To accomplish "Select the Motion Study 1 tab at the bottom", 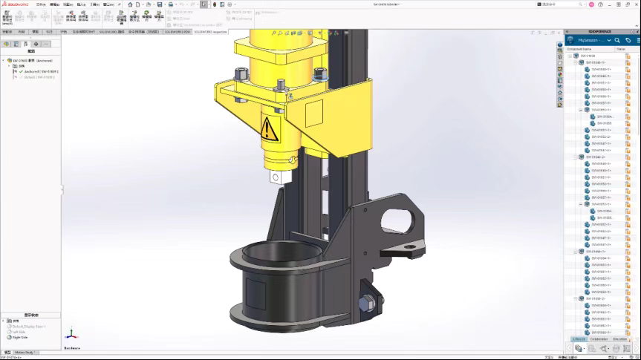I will click(24, 352).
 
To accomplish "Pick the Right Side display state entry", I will click(19, 336).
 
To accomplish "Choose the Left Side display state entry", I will click(19, 331).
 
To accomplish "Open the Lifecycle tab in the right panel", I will click(579, 338).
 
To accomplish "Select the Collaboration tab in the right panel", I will click(599, 338).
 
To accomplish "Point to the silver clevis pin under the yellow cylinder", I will click(278, 177).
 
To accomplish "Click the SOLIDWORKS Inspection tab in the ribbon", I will click(210, 32).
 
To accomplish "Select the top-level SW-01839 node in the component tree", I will click(587, 56).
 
